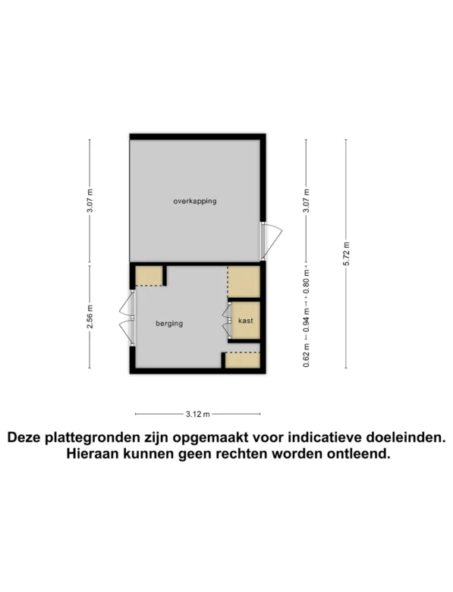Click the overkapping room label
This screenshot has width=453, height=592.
(195, 201)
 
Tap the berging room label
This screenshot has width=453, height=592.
(170, 323)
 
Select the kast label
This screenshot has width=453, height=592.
(245, 321)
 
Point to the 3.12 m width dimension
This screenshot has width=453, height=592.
(197, 414)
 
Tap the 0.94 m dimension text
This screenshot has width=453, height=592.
(306, 318)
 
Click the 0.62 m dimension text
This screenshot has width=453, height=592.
(306, 354)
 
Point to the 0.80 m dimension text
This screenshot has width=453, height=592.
(306, 283)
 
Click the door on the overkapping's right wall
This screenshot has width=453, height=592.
(269, 238)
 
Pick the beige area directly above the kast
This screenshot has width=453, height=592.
(244, 281)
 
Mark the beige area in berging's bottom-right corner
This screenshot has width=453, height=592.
(242, 360)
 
